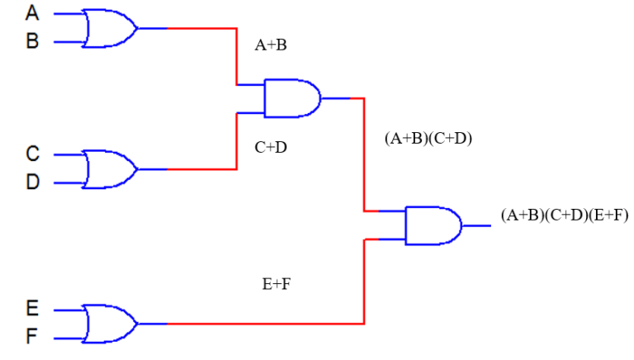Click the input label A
[x=32, y=13]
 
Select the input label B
[x=32, y=41]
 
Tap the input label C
[x=32, y=154]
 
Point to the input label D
[x=32, y=182]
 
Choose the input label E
[x=32, y=310]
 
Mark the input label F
[x=32, y=338]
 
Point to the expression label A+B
[x=271, y=46]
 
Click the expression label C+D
[x=271, y=148]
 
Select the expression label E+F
[x=277, y=284]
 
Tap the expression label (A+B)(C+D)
[x=428, y=139]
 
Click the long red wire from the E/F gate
[x=264, y=323]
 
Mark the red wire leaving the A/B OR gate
[x=202, y=28]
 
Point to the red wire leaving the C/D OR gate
[x=202, y=168]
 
